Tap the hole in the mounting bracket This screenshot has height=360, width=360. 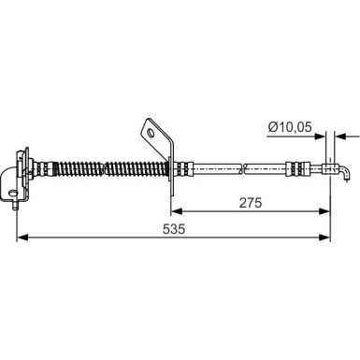tap(151, 134)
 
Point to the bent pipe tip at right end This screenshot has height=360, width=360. tap(343, 174)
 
